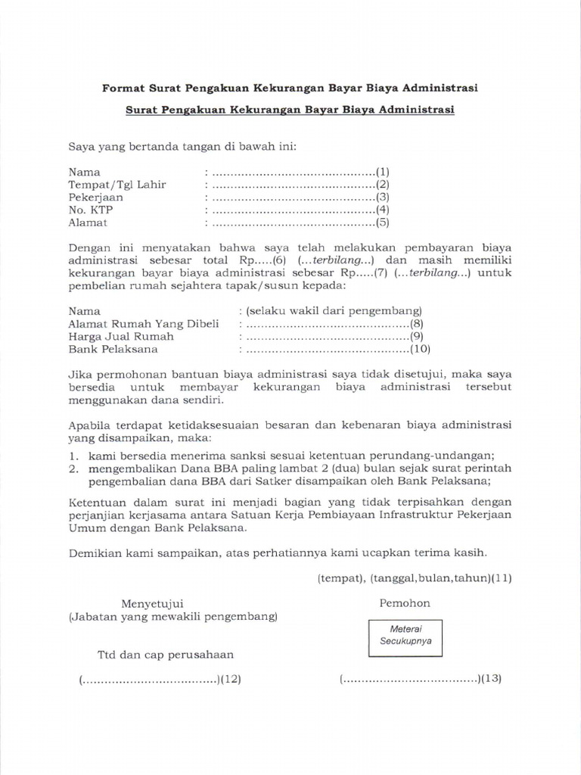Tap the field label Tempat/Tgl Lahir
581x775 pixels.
[x=117, y=185]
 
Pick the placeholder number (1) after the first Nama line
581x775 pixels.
[x=383, y=172]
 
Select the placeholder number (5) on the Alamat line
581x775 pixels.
[x=383, y=223]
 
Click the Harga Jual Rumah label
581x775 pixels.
[x=121, y=336]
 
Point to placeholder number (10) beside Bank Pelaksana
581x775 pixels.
[x=420, y=349]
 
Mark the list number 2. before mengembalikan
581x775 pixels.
[x=74, y=468]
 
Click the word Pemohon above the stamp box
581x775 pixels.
[x=405, y=603]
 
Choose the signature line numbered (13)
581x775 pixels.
[x=421, y=679]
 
